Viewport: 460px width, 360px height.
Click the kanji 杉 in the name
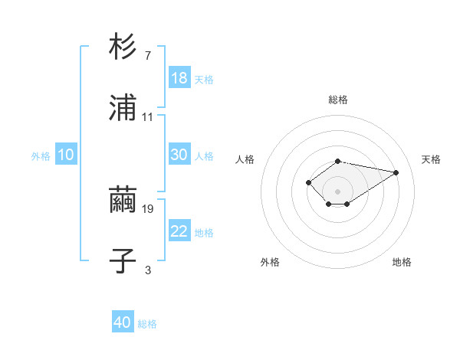point(123,47)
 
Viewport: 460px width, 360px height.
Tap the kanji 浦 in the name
point(123,108)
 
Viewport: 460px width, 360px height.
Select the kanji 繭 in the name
point(123,200)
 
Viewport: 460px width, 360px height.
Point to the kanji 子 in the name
point(123,261)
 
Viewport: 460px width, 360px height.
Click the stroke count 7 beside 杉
point(148,55)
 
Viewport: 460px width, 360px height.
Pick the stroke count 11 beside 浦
point(148,116)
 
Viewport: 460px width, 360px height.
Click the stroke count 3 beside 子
point(148,270)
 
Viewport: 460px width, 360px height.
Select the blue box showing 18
point(179,78)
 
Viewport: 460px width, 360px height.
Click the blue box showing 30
point(179,155)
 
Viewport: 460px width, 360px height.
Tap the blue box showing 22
point(179,231)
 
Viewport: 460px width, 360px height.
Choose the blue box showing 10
point(66,155)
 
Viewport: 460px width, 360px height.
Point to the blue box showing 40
point(123,322)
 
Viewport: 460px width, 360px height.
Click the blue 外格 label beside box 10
point(41,156)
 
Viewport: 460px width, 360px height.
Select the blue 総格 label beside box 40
point(147,324)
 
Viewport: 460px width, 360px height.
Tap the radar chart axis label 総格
point(338,100)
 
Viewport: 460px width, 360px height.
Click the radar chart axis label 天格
point(432,159)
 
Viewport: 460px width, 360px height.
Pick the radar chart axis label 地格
point(402,262)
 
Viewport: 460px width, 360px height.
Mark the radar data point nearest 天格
point(396,172)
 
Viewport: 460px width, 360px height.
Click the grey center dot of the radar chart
point(338,191)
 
